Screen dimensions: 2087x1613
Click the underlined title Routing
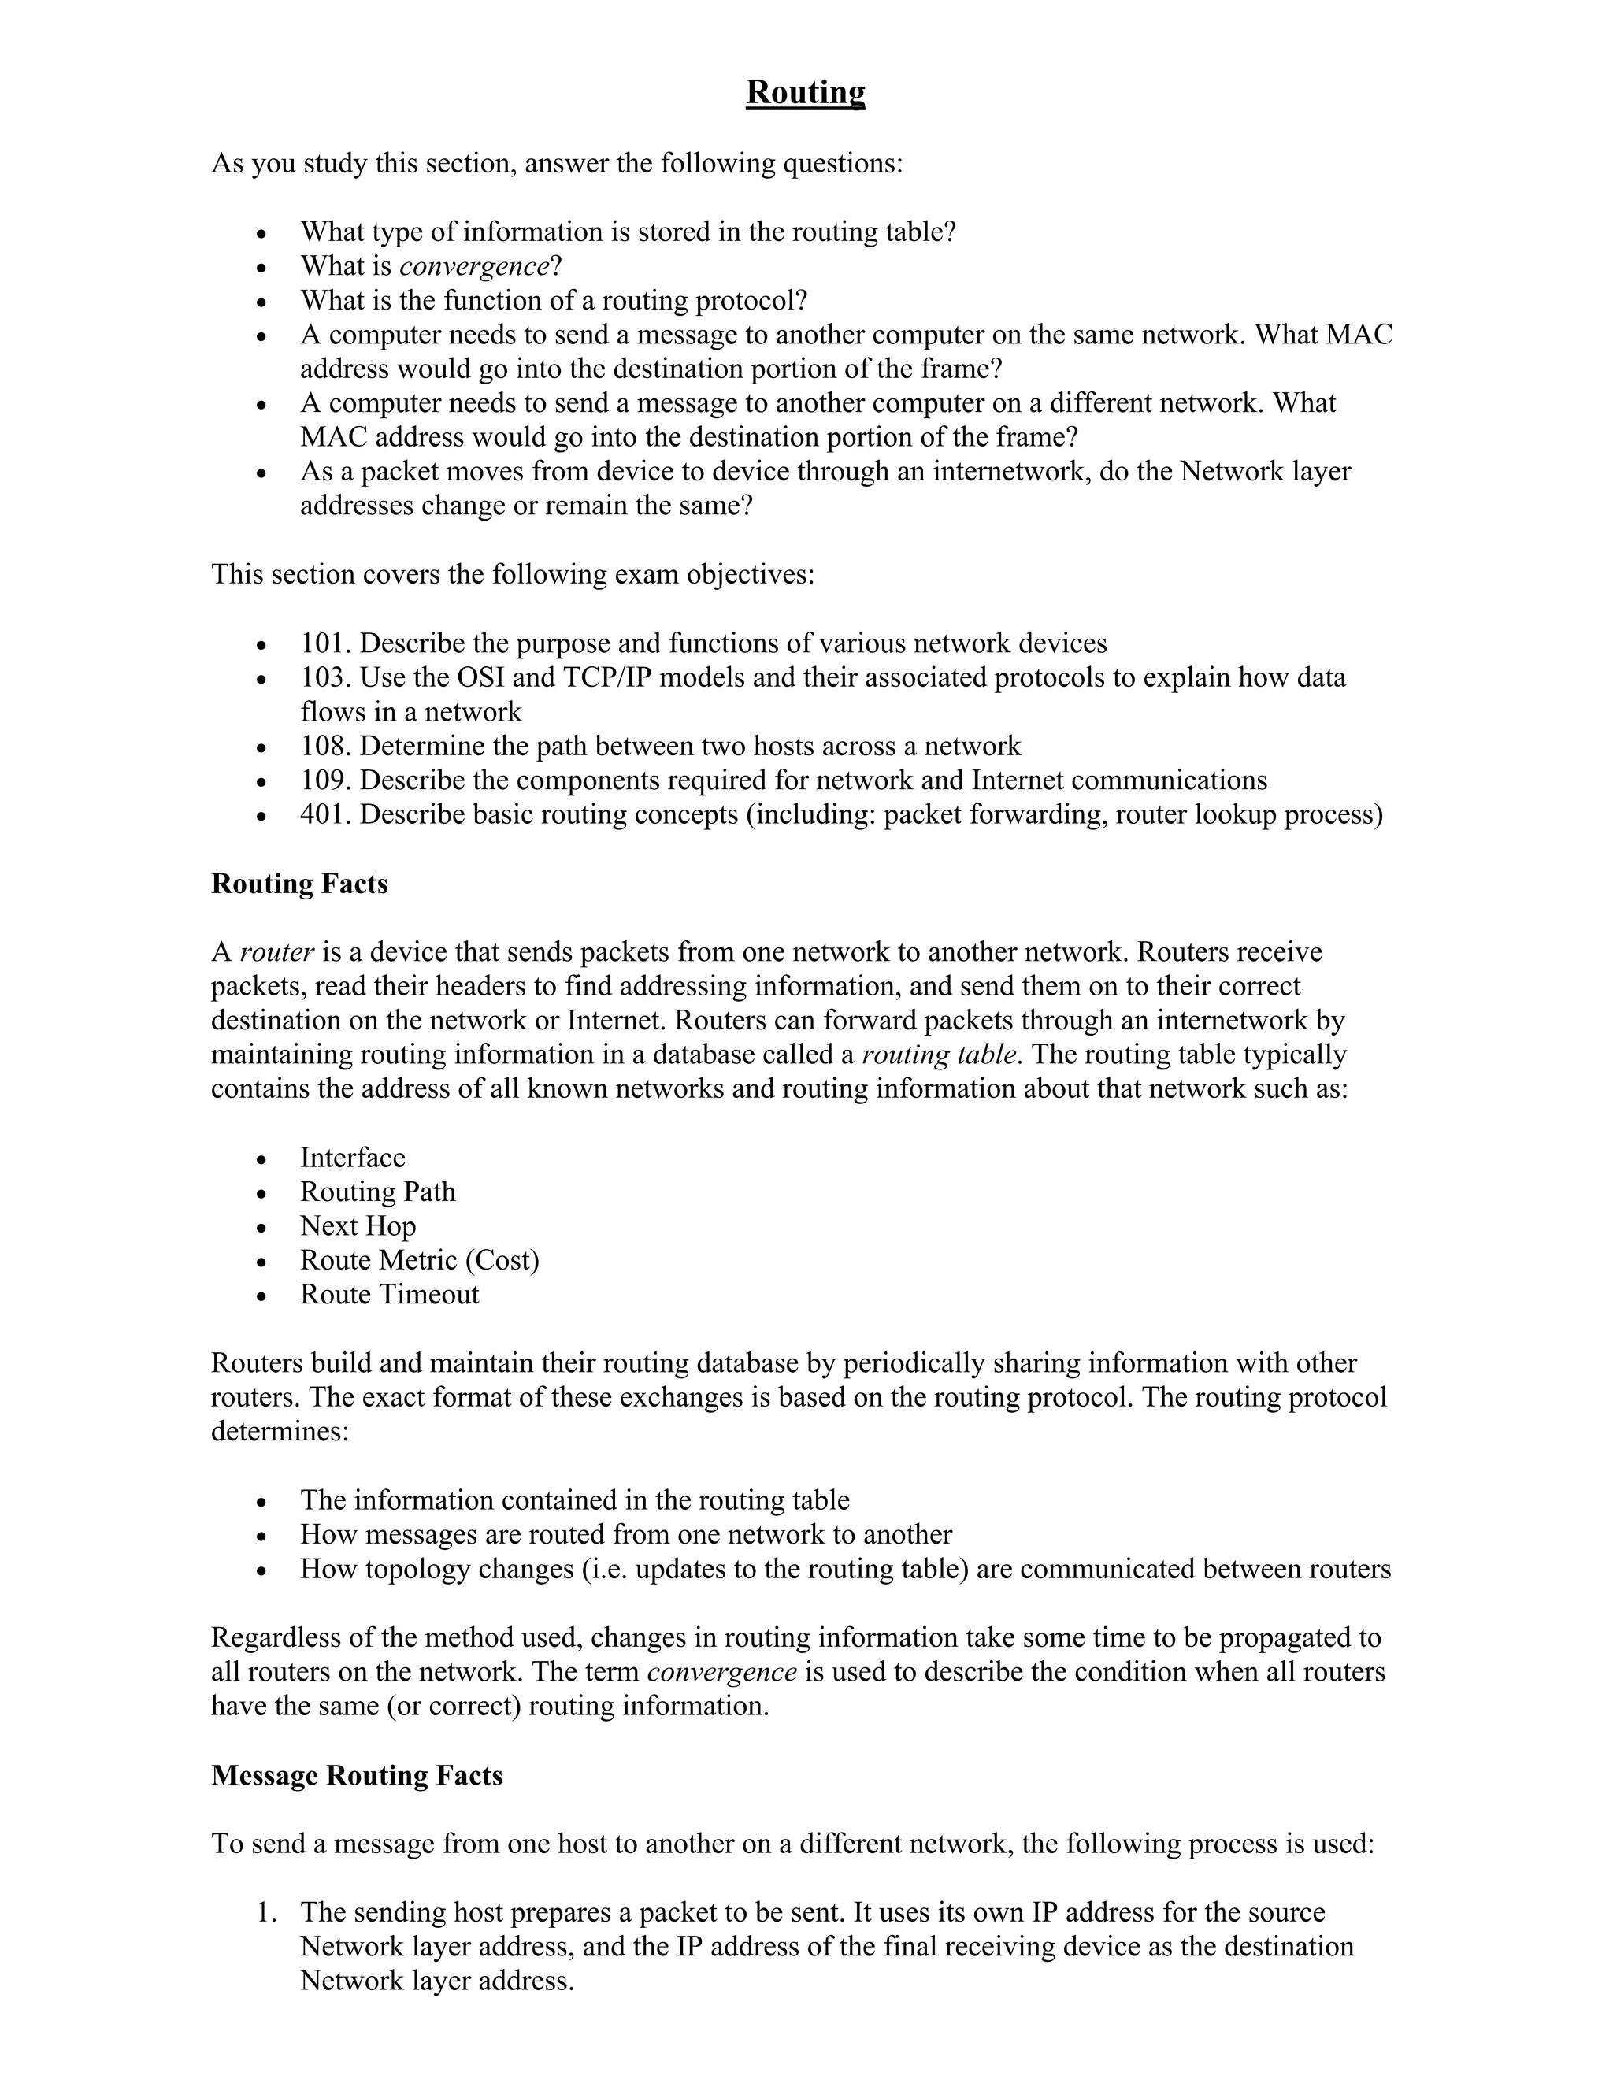(x=805, y=93)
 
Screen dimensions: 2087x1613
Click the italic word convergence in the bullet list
(x=474, y=265)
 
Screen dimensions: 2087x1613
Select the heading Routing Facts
(x=299, y=884)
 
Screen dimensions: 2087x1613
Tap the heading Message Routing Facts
(x=357, y=1775)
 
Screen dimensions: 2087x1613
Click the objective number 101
(x=325, y=643)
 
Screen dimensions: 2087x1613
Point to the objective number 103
(x=325, y=677)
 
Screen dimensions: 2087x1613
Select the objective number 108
(x=325, y=747)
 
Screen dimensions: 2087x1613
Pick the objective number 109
(x=325, y=780)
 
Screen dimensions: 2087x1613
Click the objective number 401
(x=325, y=815)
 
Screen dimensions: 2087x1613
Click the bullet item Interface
(x=353, y=1158)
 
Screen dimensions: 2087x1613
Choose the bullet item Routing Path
(x=377, y=1192)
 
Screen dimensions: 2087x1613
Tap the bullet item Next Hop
(x=358, y=1227)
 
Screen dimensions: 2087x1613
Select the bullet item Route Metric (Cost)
(x=420, y=1262)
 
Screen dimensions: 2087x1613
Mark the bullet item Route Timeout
(x=389, y=1295)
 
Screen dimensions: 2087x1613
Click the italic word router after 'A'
(x=276, y=953)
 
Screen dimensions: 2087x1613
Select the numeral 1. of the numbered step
(x=267, y=1913)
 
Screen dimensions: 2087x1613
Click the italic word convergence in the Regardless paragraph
(x=721, y=1672)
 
